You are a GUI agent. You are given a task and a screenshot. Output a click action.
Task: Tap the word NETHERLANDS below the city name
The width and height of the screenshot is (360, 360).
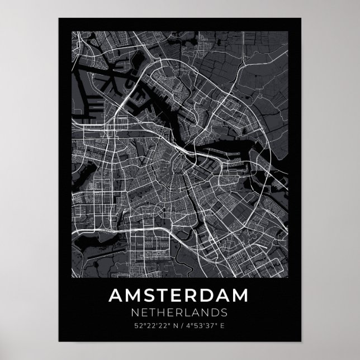[x=179, y=311]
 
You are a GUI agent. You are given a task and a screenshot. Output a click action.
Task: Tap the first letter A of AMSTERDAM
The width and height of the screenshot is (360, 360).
[x=117, y=294]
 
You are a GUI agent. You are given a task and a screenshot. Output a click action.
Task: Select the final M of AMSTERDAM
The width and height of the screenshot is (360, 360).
[x=241, y=294]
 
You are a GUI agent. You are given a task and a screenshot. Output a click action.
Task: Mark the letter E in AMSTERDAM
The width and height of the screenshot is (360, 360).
[x=179, y=294]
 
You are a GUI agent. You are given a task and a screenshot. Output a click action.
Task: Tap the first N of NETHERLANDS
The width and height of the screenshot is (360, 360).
[x=135, y=311]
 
